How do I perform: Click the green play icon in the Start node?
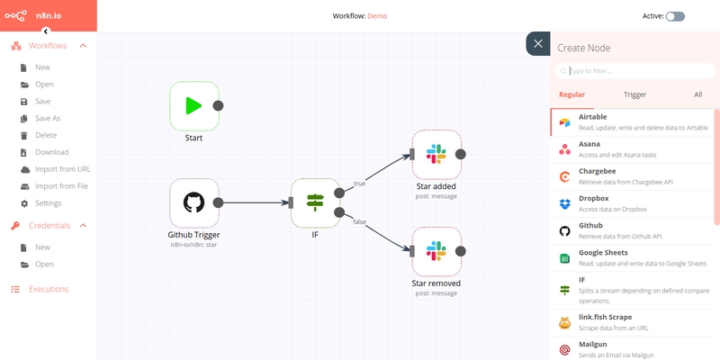(x=193, y=105)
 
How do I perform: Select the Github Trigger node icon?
(x=193, y=202)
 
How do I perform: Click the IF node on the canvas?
(x=315, y=202)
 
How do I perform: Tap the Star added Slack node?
(x=436, y=154)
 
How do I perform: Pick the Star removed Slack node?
(x=436, y=251)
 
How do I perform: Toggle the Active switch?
(x=675, y=16)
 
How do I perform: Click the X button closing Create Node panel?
(x=537, y=44)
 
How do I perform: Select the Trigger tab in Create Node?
(x=634, y=94)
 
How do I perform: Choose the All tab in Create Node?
(x=697, y=94)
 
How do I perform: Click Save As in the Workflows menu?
(x=48, y=118)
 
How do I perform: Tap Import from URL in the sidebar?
(x=62, y=169)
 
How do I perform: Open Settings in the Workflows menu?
(x=48, y=203)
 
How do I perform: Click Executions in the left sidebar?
(x=49, y=289)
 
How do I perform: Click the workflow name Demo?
(x=378, y=16)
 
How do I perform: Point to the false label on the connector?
(x=359, y=221)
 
